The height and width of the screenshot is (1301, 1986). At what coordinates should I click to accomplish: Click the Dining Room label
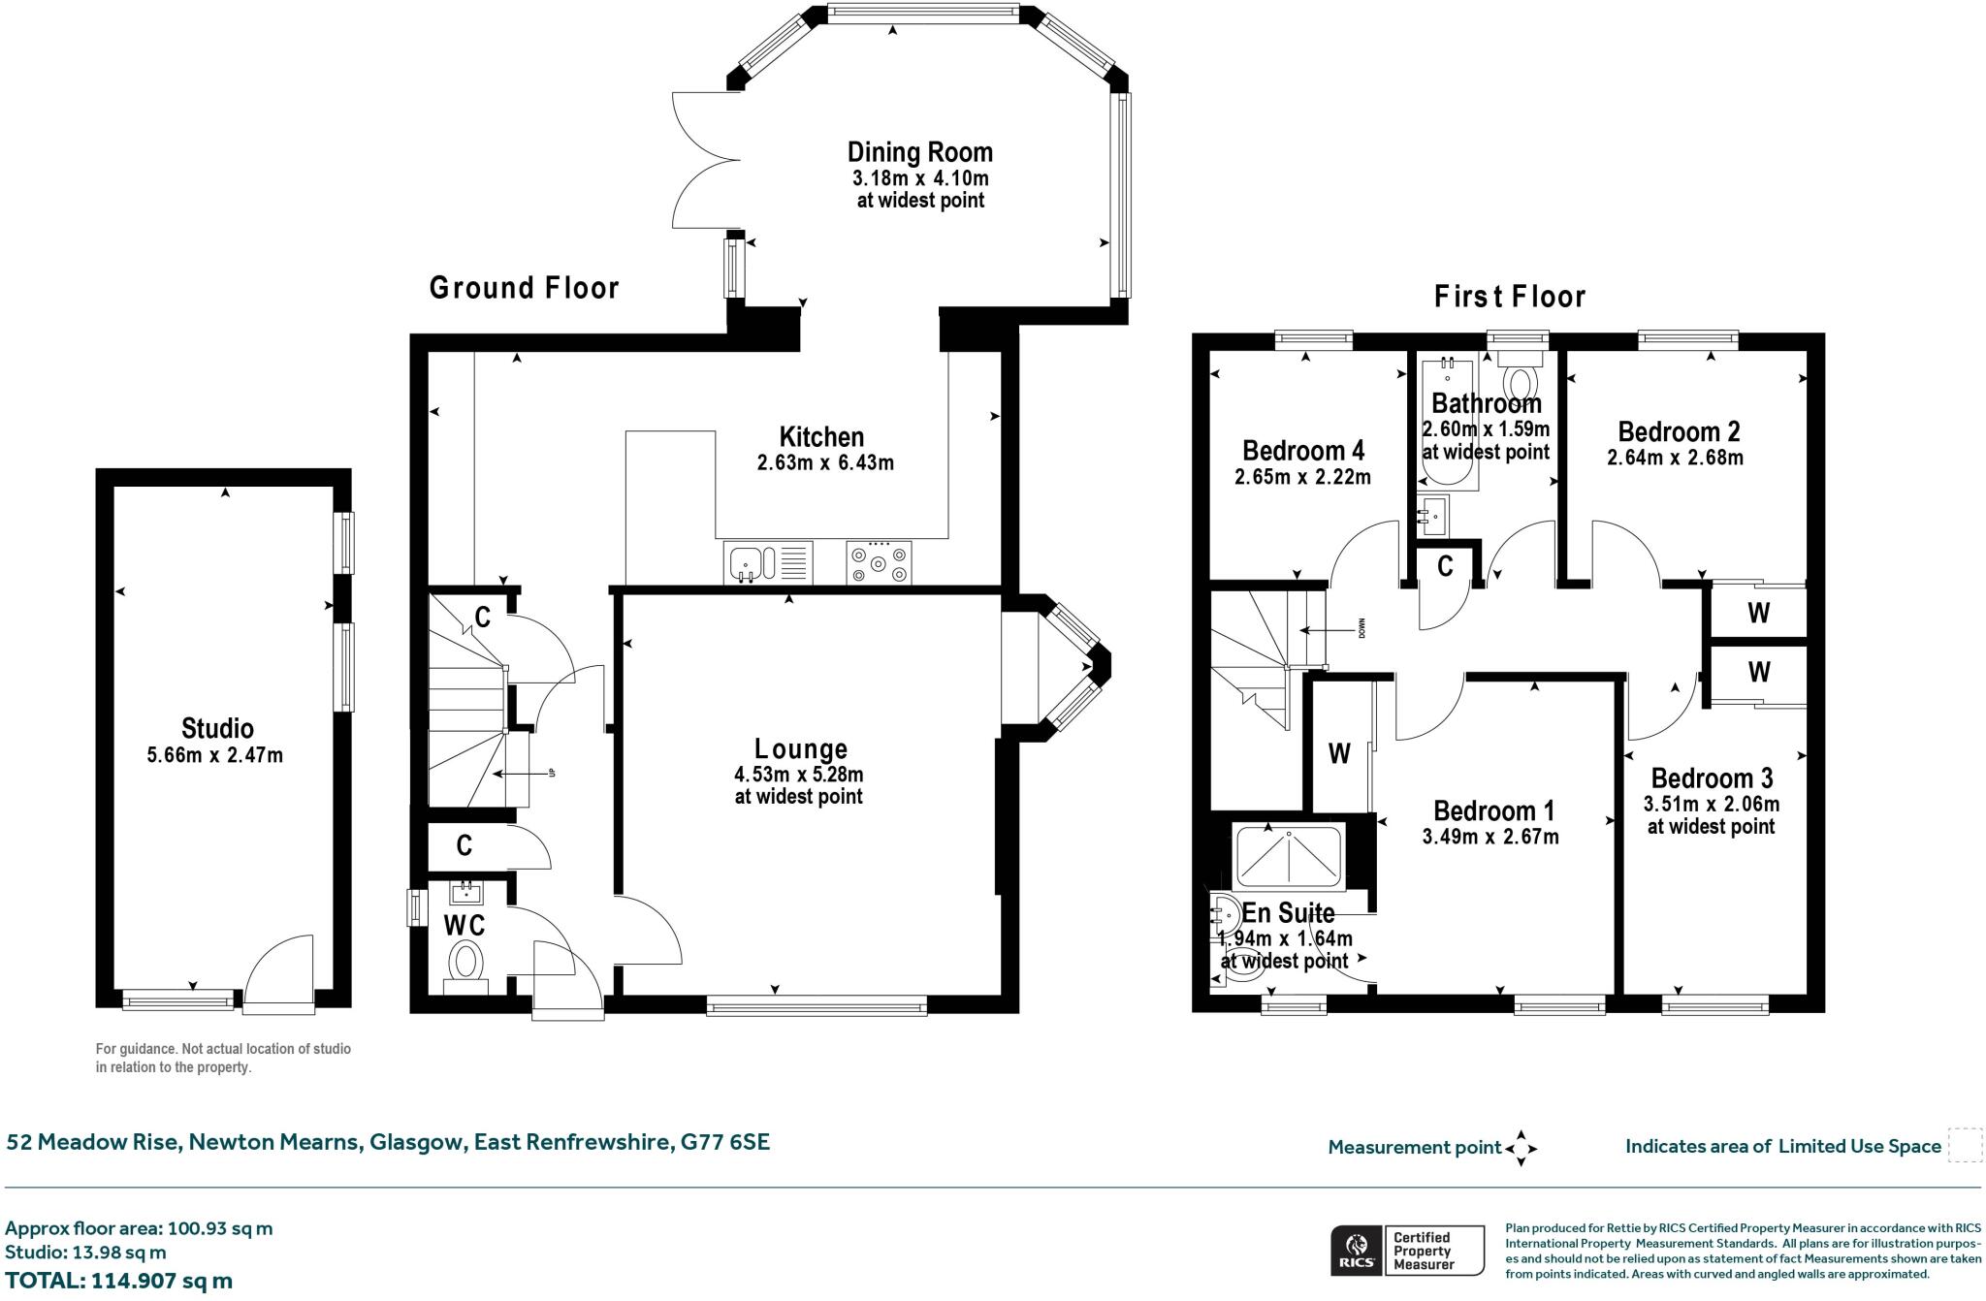click(x=920, y=152)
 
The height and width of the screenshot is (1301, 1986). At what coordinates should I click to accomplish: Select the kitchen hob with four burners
click(x=879, y=562)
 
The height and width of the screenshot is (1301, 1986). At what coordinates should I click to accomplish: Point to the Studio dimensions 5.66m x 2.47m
click(x=215, y=755)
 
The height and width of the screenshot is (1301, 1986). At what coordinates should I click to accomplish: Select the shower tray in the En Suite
click(x=1289, y=856)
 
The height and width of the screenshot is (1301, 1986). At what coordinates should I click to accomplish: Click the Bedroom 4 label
click(x=1303, y=451)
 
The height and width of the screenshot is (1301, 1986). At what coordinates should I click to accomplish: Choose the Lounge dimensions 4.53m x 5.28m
click(x=799, y=775)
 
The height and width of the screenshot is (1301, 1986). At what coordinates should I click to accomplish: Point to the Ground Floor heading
click(x=524, y=288)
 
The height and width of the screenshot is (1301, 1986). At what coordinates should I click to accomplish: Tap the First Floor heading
click(x=1510, y=297)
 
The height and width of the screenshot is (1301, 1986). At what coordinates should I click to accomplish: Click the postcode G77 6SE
click(x=725, y=1142)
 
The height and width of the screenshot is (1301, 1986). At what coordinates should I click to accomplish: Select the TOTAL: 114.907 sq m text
click(x=119, y=1281)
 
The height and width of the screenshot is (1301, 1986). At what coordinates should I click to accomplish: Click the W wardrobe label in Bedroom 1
click(x=1339, y=753)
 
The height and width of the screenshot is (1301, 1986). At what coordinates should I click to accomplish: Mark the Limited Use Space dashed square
click(x=1965, y=1145)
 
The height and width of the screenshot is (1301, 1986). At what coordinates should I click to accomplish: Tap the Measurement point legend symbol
click(x=1521, y=1149)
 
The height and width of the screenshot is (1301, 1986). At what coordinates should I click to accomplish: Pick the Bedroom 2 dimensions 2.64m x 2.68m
click(x=1675, y=458)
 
